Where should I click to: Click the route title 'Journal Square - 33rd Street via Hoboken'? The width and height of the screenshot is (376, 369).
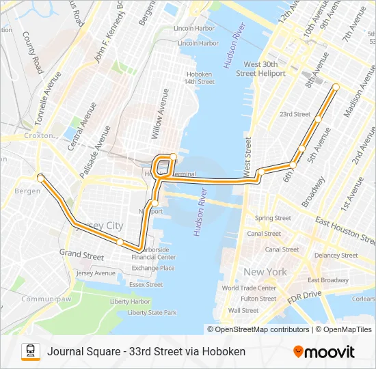146,352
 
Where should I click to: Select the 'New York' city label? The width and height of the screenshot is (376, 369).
265,272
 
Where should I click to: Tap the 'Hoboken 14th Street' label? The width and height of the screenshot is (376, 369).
199,77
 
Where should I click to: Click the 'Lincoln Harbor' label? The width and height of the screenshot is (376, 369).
195,28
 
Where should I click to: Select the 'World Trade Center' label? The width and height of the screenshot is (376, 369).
249,288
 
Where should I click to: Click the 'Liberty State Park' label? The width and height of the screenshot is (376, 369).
152,312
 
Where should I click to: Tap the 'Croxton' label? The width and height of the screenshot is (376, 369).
37,136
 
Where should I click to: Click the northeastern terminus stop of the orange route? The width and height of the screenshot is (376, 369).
336,86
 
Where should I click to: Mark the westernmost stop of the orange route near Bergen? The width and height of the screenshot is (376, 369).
40,178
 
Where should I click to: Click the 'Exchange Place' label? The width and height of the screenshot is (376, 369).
154,268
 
